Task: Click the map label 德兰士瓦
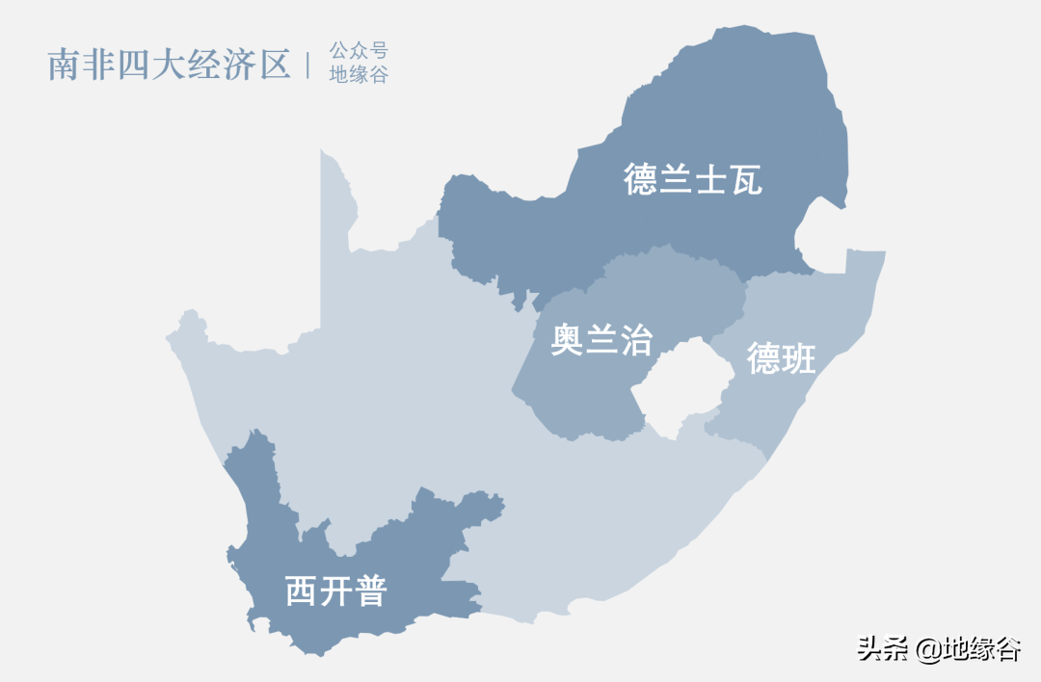pos(693,179)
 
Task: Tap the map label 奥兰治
pos(601,339)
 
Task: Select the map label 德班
pos(782,358)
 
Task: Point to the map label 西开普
pos(335,590)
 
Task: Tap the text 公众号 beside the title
pos(359,52)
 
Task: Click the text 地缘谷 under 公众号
pos(359,75)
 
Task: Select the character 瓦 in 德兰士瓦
pos(746,179)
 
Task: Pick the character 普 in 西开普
pos(369,590)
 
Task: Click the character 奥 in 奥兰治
pos(568,339)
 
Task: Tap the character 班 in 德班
pos(799,358)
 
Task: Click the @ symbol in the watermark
pos(928,650)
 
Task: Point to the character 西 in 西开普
pos(302,590)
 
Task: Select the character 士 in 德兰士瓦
pos(711,179)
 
